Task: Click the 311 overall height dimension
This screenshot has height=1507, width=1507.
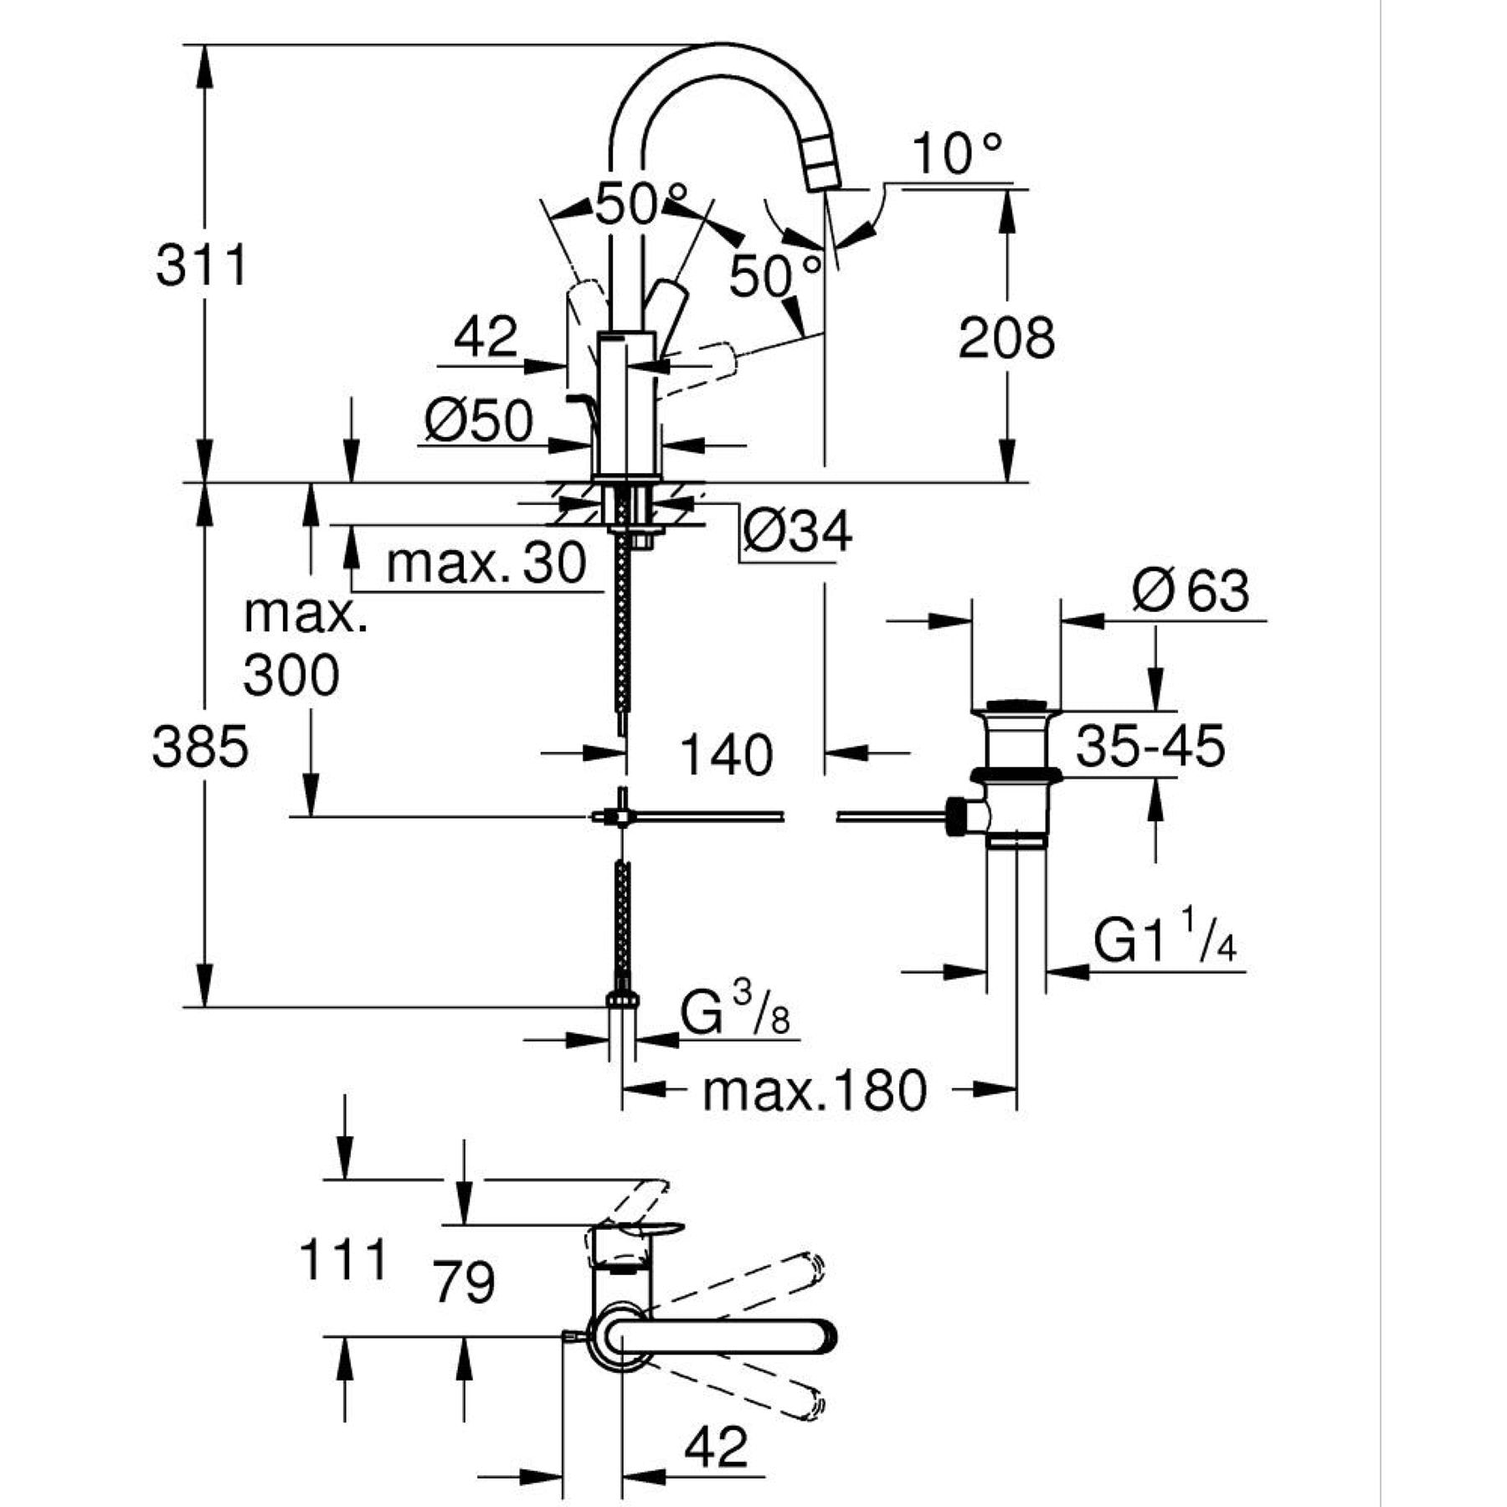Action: tap(202, 266)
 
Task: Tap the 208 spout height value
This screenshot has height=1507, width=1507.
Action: tap(1006, 338)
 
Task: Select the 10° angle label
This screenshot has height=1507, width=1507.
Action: tap(956, 154)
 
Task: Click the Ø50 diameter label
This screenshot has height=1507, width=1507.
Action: tap(478, 420)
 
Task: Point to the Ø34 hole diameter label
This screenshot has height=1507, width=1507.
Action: tap(797, 531)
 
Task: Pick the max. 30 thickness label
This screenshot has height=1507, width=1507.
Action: tap(486, 563)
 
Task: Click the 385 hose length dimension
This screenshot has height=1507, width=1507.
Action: tap(200, 747)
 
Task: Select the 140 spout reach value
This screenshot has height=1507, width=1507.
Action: tap(726, 754)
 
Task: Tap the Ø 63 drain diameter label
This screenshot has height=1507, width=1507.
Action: tap(1190, 591)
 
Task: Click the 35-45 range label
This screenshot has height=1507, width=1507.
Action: tap(1150, 746)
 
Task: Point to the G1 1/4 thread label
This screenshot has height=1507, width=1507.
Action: tap(1165, 942)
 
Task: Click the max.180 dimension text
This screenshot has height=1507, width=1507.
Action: tap(815, 1091)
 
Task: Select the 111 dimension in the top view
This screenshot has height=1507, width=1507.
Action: tap(344, 1260)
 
